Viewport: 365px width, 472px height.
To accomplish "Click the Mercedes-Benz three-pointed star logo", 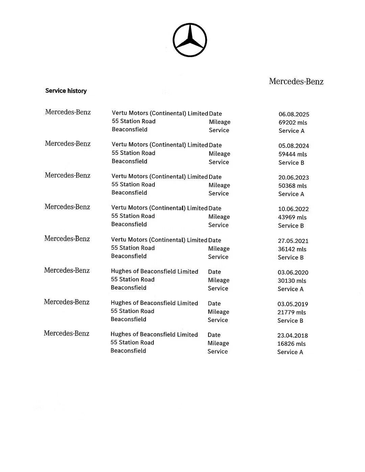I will point(190,40).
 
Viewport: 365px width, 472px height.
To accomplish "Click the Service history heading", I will point(66,91).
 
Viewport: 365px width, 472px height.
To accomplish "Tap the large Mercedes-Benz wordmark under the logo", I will point(296,81).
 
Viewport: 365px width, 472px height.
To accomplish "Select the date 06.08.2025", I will point(294,114).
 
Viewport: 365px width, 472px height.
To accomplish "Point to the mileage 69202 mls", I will point(293,123).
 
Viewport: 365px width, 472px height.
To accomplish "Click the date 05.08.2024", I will point(294,146).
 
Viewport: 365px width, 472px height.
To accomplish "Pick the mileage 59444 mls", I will point(293,154).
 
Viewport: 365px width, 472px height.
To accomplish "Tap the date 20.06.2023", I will point(293,177).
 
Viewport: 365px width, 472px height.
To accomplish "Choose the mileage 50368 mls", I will point(292,186).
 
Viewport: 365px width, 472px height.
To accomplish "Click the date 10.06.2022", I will point(293,209).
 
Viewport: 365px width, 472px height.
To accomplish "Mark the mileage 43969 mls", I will point(292,217).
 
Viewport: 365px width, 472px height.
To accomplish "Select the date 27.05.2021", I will point(293,241).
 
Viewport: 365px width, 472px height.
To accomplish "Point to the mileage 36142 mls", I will point(292,249).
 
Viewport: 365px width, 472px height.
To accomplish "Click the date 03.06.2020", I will point(293,272).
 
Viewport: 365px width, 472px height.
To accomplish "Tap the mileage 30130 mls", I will point(292,281).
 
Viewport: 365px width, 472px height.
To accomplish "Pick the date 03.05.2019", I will point(293,304).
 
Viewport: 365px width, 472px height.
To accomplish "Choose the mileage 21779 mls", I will point(292,312).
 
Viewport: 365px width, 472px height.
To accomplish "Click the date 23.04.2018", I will point(292,336).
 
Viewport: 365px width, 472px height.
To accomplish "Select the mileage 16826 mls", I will point(291,344).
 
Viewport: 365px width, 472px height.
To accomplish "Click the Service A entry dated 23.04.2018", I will point(290,352).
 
